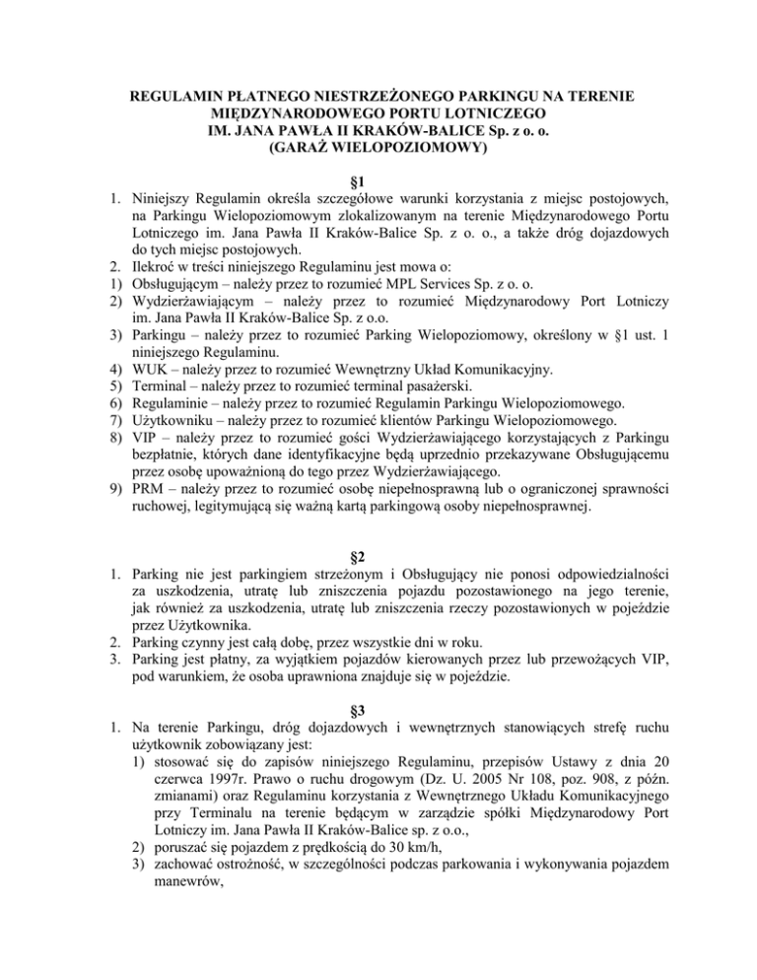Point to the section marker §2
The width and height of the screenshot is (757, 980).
[379, 566]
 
